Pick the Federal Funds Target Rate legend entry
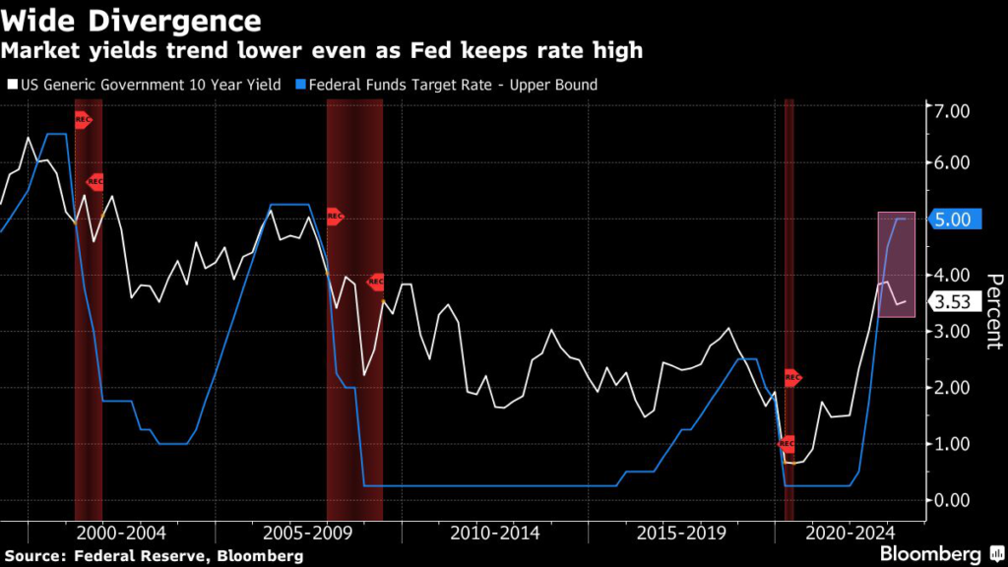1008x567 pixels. (x=453, y=86)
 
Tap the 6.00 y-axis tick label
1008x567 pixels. (x=953, y=163)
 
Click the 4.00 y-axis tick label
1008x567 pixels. (x=953, y=276)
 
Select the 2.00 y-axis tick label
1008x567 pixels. (x=953, y=388)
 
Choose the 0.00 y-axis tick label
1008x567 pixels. (x=953, y=500)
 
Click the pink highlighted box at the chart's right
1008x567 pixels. (x=897, y=264)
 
